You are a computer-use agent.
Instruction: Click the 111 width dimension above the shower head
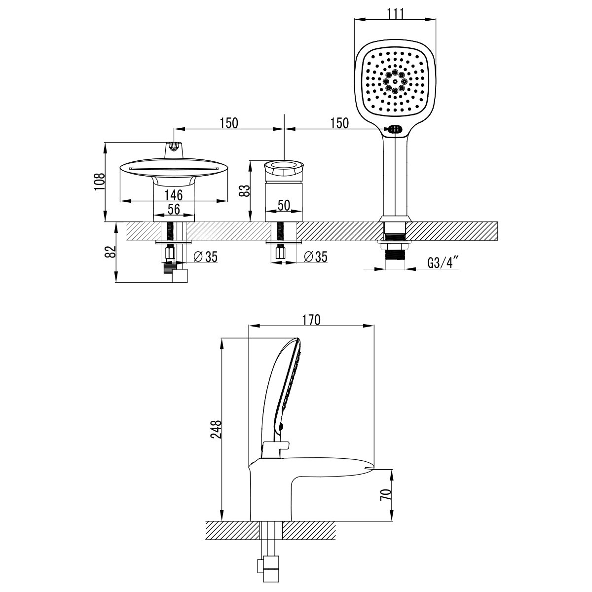[x=395, y=13]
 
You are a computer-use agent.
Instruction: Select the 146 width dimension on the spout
[x=173, y=194]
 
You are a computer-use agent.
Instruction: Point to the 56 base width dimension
[x=173, y=209]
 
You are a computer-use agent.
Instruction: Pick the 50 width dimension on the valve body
[x=283, y=205]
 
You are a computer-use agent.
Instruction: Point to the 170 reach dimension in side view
[x=311, y=319]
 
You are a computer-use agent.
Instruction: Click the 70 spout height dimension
[x=388, y=494]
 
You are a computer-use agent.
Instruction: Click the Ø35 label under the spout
[x=206, y=257]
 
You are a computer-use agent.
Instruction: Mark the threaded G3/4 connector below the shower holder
[x=395, y=255]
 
